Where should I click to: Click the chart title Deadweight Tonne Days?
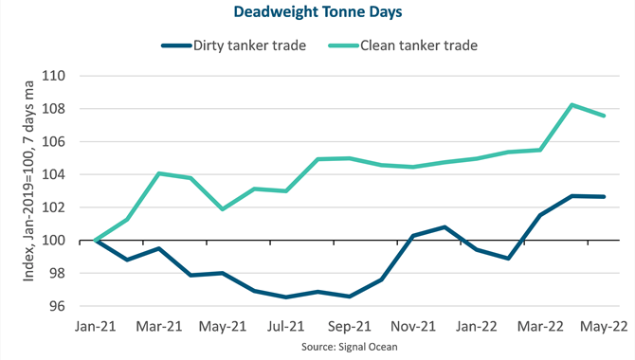click(x=317, y=11)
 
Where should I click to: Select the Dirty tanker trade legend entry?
click(x=234, y=45)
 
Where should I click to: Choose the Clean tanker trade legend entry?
click(x=403, y=45)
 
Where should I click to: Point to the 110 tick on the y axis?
click(x=54, y=76)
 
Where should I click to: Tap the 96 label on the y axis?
click(x=57, y=306)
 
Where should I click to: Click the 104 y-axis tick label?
click(x=54, y=174)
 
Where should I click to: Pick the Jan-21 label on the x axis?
click(x=95, y=327)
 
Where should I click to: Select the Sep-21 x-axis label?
click(x=350, y=327)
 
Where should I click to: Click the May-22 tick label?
click(x=604, y=327)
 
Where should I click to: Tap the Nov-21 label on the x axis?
click(x=413, y=327)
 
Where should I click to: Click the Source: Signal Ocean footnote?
click(x=350, y=347)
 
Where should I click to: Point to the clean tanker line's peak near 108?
click(x=571, y=105)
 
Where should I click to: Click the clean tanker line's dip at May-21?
click(x=223, y=209)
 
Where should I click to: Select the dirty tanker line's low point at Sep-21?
click(x=350, y=297)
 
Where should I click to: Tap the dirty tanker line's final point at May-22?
click(x=604, y=197)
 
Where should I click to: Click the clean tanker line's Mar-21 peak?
click(x=159, y=173)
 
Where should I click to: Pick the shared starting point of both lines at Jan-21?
click(x=95, y=241)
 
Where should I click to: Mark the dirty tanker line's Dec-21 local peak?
click(x=444, y=227)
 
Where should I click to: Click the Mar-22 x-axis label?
click(x=540, y=327)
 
